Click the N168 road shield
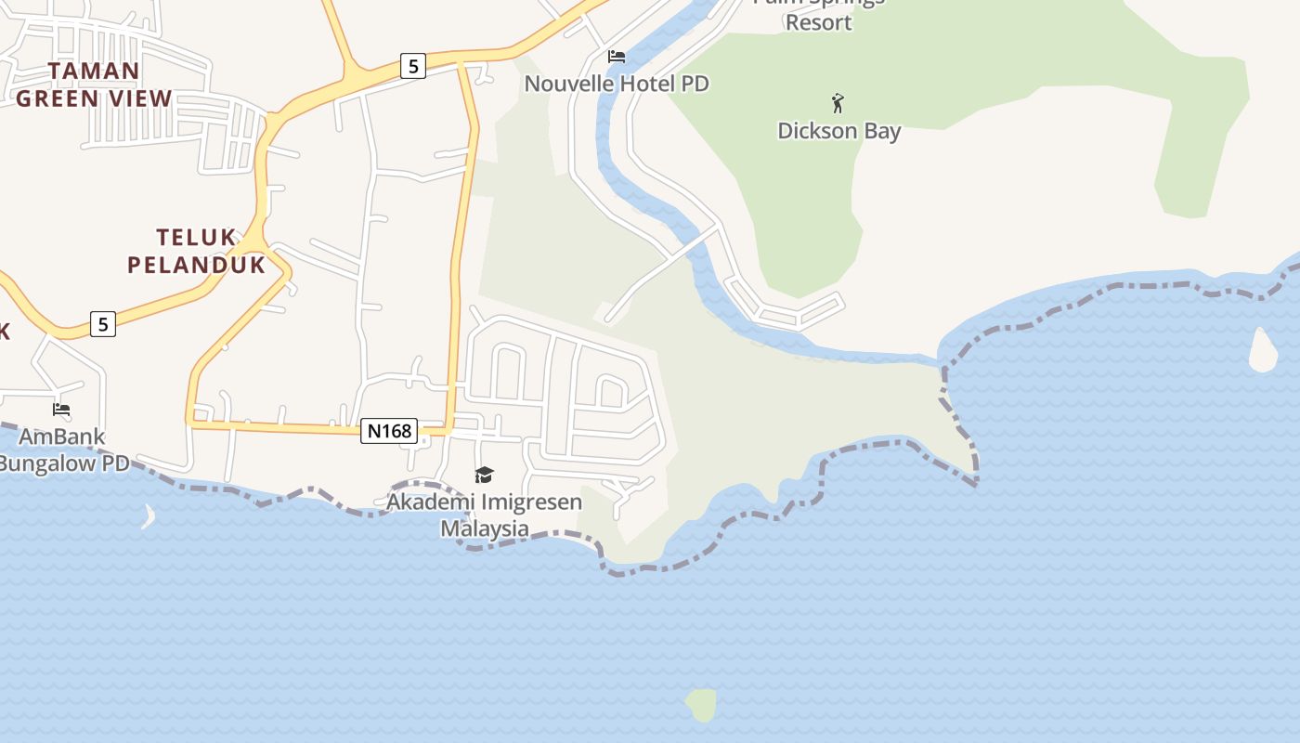[x=389, y=431]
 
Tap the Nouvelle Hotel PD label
[x=617, y=84]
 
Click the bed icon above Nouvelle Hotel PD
[x=617, y=57]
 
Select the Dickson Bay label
[x=838, y=131]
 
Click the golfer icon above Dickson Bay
[x=838, y=102]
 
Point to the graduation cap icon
[x=484, y=476]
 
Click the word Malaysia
[x=484, y=528]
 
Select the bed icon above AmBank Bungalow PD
[x=61, y=409]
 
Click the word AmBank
[x=62, y=437]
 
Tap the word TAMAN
[x=94, y=72]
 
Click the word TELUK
[x=196, y=238]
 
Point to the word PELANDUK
[x=196, y=265]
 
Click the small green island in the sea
[x=702, y=705]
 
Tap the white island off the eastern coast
[x=1263, y=351]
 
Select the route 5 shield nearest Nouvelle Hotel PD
[x=413, y=66]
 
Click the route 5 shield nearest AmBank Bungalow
[x=103, y=324]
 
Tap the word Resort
[x=818, y=22]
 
